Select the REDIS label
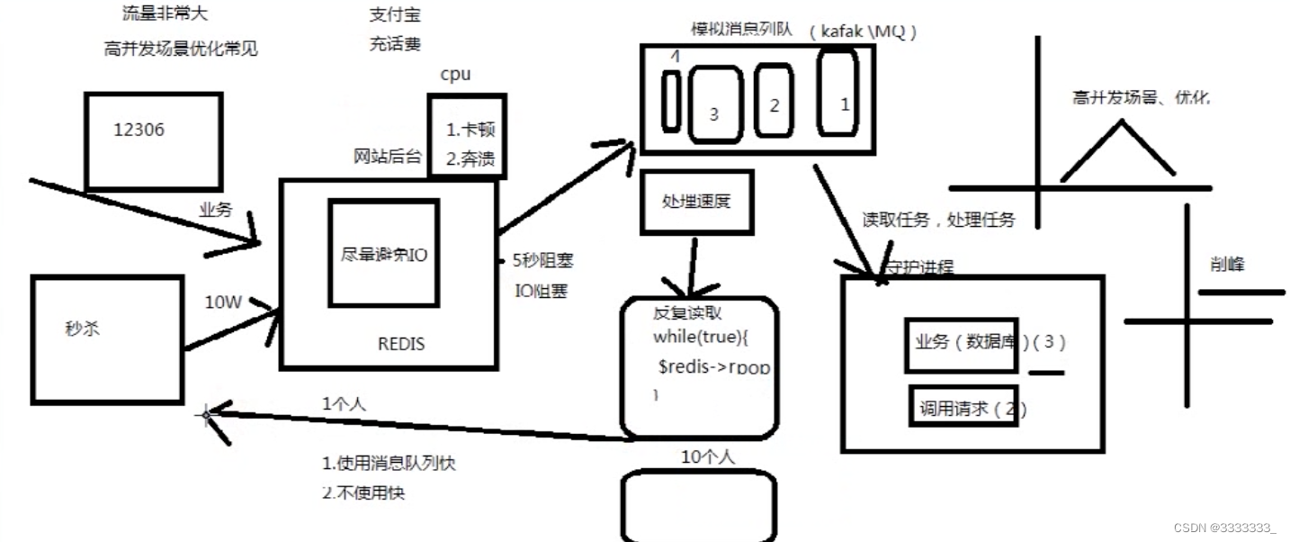pyautogui.click(x=400, y=344)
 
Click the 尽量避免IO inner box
pyautogui.click(x=383, y=253)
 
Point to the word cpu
pyautogui.click(x=454, y=75)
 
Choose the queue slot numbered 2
pyautogui.click(x=774, y=101)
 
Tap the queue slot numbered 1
pyautogui.click(x=838, y=95)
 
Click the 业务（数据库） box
pyautogui.click(x=962, y=344)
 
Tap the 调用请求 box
pyautogui.click(x=963, y=408)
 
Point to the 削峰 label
pyautogui.click(x=1229, y=265)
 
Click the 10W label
pyautogui.click(x=222, y=303)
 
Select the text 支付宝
pyautogui.click(x=394, y=15)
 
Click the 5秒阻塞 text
pyautogui.click(x=542, y=261)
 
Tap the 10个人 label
pyautogui.click(x=707, y=457)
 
